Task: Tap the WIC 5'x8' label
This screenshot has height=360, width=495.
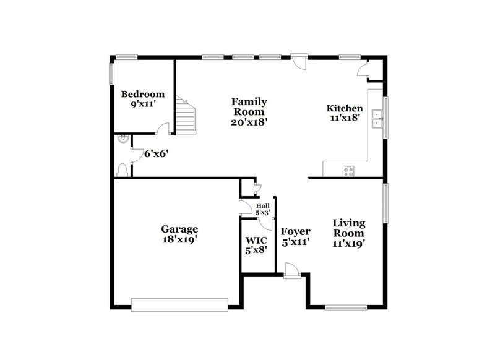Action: (x=256, y=246)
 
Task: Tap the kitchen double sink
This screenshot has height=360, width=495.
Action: (x=376, y=119)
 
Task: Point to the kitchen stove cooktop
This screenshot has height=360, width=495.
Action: (x=348, y=171)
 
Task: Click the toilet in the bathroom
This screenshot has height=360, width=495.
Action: (x=122, y=169)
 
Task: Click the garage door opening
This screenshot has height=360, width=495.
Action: (x=179, y=304)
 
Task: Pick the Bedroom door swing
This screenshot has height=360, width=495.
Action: (x=163, y=129)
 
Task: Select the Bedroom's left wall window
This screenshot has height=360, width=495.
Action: (x=112, y=73)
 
